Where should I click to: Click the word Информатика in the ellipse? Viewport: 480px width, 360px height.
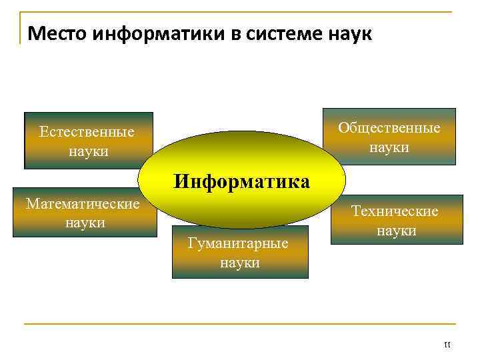click(242, 181)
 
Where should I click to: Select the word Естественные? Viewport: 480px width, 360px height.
click(87, 132)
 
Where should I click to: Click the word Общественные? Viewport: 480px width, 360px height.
click(389, 128)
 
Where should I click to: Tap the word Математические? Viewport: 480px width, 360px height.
click(83, 203)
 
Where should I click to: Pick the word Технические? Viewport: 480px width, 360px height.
click(395, 211)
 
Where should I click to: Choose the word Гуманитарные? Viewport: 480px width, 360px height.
click(238, 244)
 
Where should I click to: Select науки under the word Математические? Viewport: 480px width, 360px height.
click(85, 222)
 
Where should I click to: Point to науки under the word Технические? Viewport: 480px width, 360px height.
click(396, 231)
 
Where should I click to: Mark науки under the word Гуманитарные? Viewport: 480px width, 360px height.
click(240, 263)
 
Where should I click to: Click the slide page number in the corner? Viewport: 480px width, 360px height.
click(447, 345)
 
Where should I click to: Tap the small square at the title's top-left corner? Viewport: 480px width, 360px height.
click(21, 14)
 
